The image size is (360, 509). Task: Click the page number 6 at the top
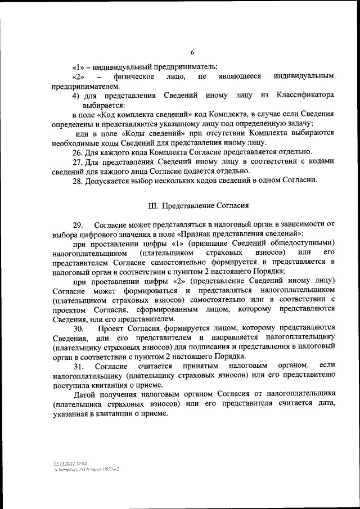click(192, 52)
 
